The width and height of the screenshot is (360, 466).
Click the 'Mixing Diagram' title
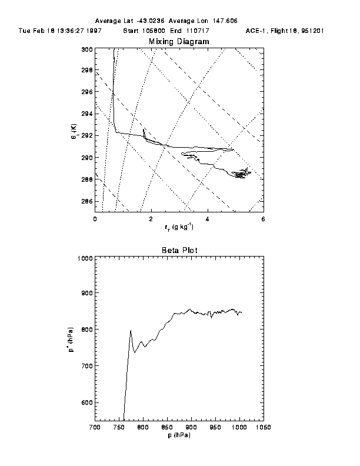179,41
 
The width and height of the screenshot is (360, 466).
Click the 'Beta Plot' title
179,250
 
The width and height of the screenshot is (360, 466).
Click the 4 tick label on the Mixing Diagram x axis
207,219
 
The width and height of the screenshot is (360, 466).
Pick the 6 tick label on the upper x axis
263,219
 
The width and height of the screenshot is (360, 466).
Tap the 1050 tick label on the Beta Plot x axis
263,428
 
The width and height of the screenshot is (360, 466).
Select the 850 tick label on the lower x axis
166,428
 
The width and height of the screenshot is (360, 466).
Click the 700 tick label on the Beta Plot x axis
94,428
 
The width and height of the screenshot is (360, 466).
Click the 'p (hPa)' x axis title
179,436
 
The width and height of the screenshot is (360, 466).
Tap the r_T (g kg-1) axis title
179,227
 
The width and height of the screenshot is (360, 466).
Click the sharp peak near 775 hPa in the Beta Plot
131,331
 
